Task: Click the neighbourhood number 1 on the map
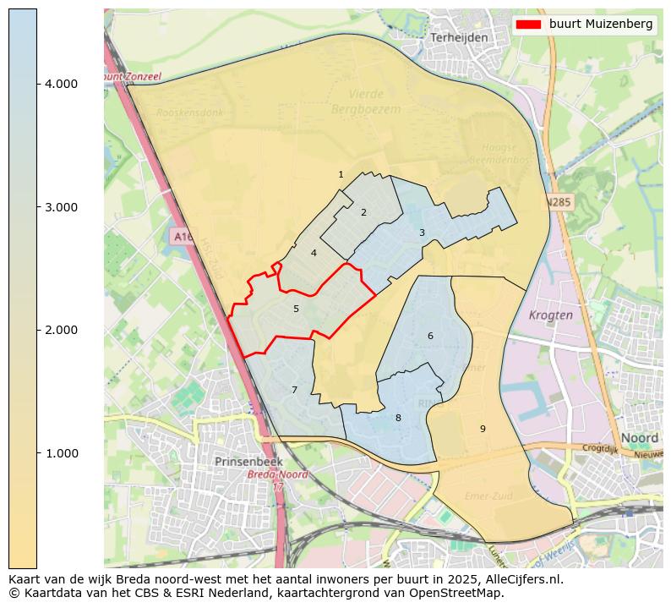[341, 175]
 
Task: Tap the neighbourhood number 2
[363, 212]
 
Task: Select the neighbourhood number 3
[422, 233]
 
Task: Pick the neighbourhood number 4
[314, 253]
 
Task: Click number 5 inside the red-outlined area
[296, 309]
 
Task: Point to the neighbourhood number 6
[430, 336]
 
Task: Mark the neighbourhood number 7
[294, 390]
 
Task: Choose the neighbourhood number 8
[398, 418]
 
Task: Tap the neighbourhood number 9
[483, 429]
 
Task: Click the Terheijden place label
[459, 38]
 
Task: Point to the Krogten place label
[550, 315]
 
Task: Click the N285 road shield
[558, 203]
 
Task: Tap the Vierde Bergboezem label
[366, 101]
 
